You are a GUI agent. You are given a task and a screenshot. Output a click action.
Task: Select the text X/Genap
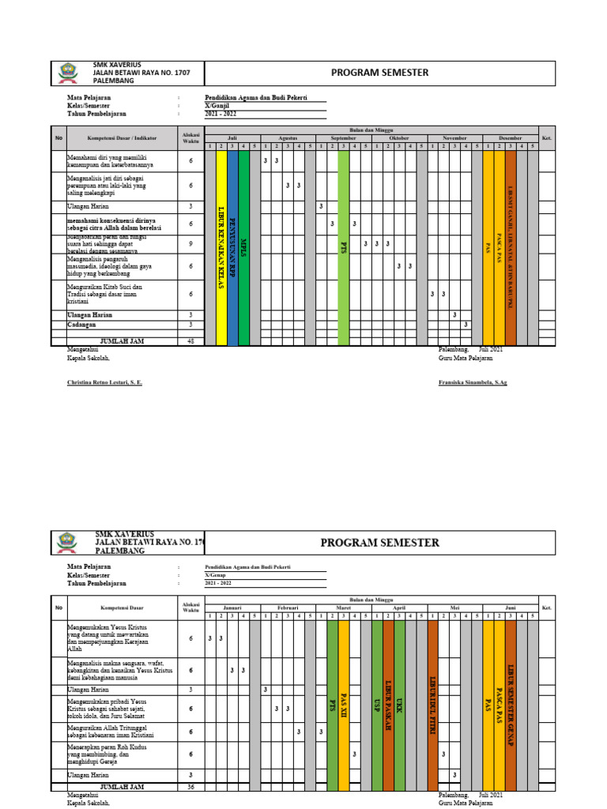[x=215, y=576]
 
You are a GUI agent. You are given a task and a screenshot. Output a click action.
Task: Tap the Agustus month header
[x=288, y=137]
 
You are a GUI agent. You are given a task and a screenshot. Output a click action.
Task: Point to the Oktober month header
[x=399, y=137]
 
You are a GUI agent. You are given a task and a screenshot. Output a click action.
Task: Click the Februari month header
[x=288, y=608]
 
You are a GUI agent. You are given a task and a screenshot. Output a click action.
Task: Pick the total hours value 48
[x=190, y=341]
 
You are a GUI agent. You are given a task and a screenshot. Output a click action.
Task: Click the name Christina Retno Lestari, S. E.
[x=105, y=382]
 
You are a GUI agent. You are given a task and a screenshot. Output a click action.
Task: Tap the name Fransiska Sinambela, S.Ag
[x=473, y=382]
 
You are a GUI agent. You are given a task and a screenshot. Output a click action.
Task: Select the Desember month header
[x=510, y=137]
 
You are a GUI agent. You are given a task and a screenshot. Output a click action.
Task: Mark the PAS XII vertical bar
[x=344, y=703]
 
